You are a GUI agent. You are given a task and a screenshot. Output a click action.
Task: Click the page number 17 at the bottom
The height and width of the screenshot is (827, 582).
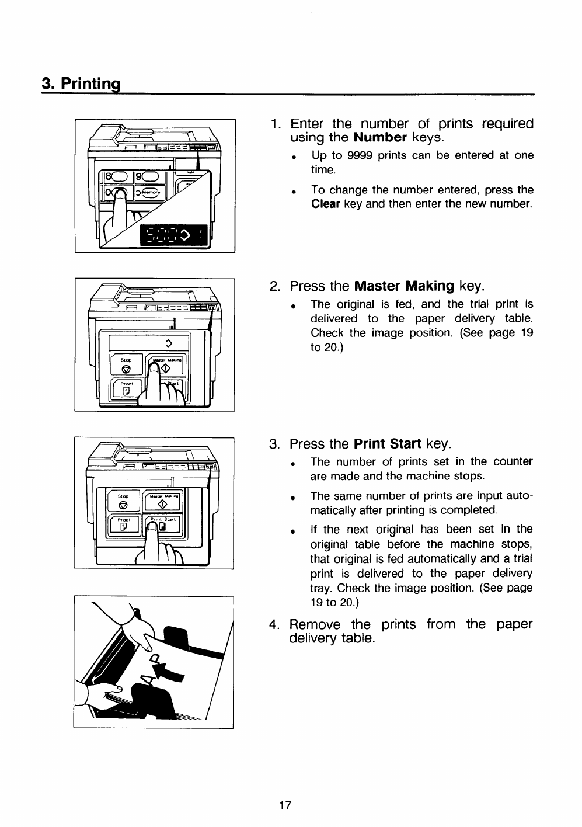[285, 805]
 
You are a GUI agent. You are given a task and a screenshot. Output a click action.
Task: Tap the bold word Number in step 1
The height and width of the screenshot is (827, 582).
[380, 138]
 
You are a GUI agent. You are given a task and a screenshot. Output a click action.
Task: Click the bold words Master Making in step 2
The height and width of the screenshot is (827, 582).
[405, 286]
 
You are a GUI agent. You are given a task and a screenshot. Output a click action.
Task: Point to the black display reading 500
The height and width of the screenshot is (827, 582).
[173, 235]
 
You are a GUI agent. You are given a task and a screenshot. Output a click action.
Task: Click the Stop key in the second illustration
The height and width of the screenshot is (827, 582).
[126, 364]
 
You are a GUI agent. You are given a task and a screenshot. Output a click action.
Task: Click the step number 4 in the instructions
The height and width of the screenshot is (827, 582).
[274, 625]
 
